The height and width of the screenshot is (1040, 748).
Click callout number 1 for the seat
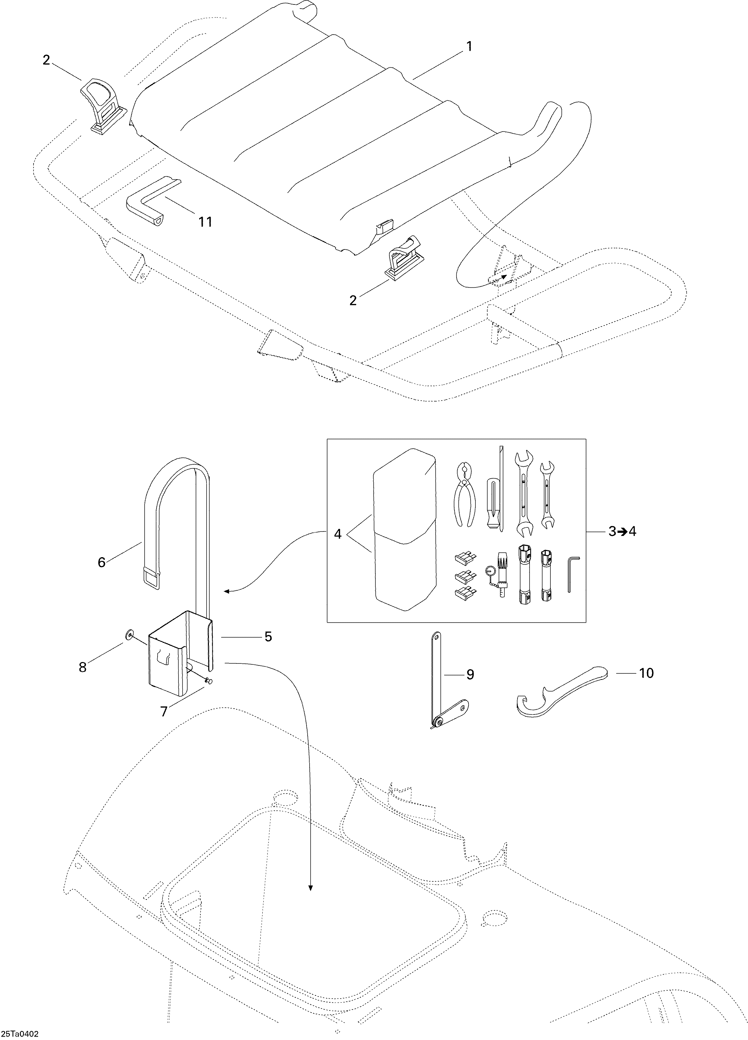(469, 47)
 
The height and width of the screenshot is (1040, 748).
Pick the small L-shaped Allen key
(573, 574)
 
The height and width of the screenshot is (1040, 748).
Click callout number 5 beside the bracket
(268, 636)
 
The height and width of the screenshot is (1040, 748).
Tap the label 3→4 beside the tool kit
(622, 531)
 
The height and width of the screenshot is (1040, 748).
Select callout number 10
(646, 673)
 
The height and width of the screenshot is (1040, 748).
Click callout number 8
(83, 667)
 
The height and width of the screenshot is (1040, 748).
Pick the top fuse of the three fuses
(463, 558)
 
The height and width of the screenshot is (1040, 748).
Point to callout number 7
(164, 711)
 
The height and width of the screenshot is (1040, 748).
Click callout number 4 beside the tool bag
(338, 534)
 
